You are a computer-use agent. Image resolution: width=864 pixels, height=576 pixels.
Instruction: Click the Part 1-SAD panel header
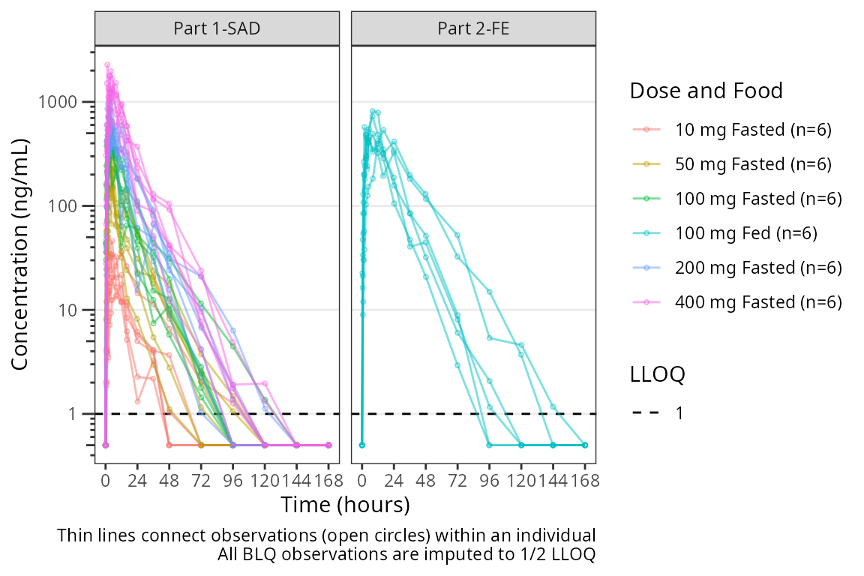(x=217, y=29)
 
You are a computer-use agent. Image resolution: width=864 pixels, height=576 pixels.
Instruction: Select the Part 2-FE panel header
(x=473, y=29)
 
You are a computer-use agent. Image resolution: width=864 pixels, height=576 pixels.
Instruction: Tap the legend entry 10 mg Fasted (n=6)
(x=754, y=130)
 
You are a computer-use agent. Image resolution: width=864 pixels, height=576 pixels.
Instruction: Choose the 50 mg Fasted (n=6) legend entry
(x=754, y=164)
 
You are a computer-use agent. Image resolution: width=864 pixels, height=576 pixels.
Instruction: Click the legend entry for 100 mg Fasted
(x=758, y=199)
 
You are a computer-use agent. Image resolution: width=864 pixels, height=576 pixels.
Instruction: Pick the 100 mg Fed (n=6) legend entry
(x=746, y=233)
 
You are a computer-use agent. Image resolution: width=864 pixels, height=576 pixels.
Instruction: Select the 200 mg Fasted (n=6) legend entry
(x=758, y=268)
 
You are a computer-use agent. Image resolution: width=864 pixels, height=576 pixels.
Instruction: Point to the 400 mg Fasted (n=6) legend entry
(x=758, y=302)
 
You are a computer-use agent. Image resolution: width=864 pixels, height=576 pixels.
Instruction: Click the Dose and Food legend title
(x=706, y=91)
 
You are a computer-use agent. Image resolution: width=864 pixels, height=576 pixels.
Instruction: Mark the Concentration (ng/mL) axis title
(x=20, y=255)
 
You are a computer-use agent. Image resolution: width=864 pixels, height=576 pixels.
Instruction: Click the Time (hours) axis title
(x=345, y=505)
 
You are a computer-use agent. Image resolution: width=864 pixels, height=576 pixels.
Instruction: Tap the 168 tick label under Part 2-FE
(x=585, y=481)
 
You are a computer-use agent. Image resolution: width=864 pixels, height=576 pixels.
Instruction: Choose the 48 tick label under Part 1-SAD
(x=169, y=481)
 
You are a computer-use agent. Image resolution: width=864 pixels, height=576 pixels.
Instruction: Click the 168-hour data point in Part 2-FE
(x=585, y=445)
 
